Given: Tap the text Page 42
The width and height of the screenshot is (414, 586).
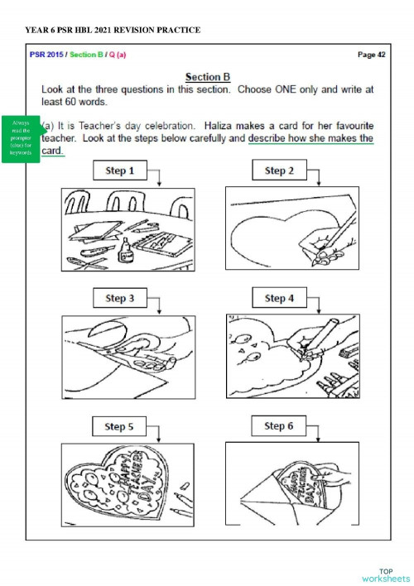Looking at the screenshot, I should pos(371,55).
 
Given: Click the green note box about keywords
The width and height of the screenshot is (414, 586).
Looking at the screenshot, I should pos(21,138).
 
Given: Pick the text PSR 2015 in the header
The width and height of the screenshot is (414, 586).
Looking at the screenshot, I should pos(45,55).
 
